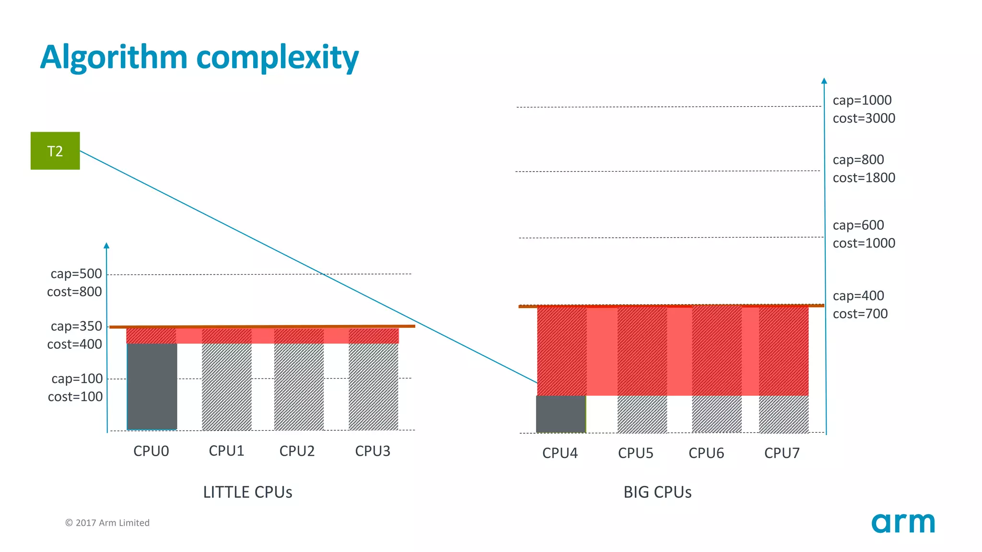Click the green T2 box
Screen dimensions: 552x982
click(55, 151)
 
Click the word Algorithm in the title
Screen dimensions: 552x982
click(114, 57)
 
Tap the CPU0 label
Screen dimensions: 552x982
click(151, 451)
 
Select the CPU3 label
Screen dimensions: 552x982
click(373, 451)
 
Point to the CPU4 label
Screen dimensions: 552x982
click(560, 453)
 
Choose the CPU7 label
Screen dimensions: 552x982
click(782, 453)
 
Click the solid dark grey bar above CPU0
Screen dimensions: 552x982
click(152, 386)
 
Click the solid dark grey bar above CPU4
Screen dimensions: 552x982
click(561, 414)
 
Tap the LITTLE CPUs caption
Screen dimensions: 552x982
click(247, 492)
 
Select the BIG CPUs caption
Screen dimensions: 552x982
click(657, 492)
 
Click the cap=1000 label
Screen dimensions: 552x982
click(862, 100)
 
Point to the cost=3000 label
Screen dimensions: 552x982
click(864, 118)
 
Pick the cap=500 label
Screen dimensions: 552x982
click(76, 274)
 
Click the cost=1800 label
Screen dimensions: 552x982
click(864, 178)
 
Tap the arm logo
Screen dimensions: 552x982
click(903, 523)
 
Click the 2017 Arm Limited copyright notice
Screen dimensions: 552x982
click(107, 523)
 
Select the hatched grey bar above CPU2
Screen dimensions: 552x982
click(299, 386)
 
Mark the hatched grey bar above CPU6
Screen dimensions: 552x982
click(716, 414)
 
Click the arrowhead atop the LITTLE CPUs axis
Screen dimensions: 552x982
click(106, 245)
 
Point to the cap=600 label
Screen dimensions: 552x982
click(858, 225)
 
